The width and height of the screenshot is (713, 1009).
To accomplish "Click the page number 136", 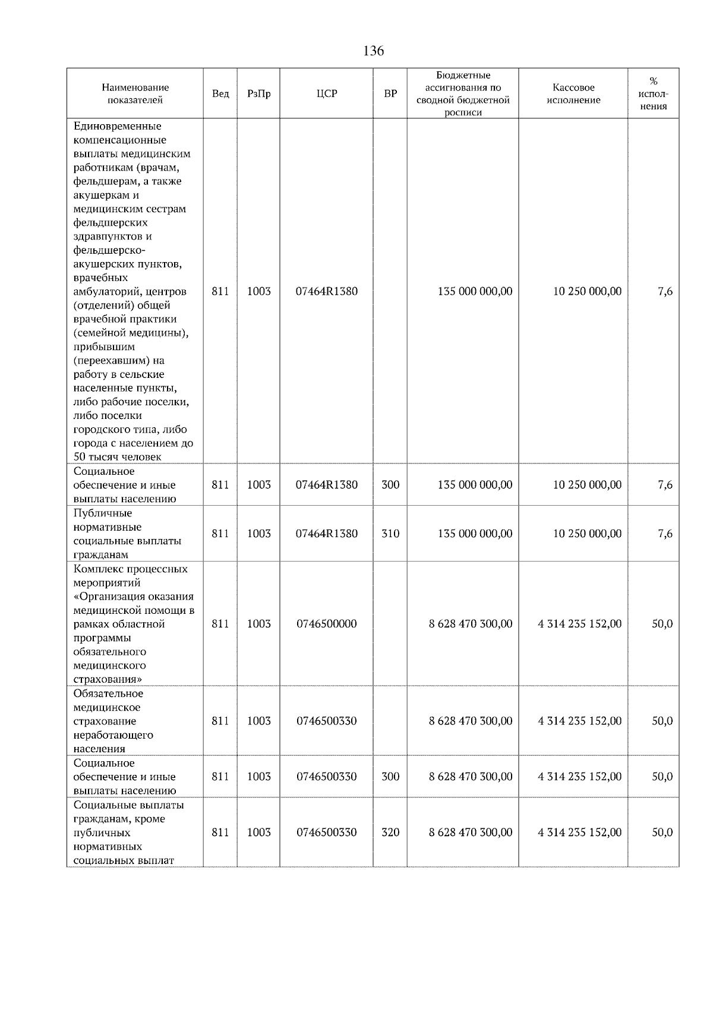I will click(373, 51).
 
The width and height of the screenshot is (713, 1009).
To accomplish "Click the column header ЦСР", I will click(326, 94).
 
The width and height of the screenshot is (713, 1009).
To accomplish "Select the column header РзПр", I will click(258, 94).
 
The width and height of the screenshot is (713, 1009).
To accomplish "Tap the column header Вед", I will click(220, 94).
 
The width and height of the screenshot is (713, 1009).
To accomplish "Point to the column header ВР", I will click(390, 94).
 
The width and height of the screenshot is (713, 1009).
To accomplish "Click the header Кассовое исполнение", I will click(573, 94).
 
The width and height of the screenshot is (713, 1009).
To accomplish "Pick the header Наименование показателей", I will click(135, 94).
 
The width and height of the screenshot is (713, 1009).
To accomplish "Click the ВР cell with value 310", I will click(390, 534).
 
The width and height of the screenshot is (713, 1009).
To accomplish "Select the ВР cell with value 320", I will click(390, 833).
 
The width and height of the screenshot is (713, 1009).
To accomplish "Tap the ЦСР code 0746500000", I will click(326, 624).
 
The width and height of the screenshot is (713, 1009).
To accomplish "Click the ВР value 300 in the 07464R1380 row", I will click(390, 485).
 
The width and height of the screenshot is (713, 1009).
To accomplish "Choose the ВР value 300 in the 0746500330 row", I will click(390, 777).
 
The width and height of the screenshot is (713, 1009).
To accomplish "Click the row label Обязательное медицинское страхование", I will click(113, 721).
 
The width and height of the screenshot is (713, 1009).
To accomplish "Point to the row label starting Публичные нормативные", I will click(127, 534).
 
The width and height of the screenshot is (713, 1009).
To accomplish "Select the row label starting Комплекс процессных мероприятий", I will click(133, 624).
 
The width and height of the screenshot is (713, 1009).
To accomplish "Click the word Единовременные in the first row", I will click(118, 126).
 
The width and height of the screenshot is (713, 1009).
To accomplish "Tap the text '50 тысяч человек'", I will click(118, 457).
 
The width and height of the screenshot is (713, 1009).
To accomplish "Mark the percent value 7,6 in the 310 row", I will click(665, 534).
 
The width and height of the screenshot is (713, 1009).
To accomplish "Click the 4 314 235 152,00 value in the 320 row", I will click(579, 833).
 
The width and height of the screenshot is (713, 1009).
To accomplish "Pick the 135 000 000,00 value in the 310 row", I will click(475, 534).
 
